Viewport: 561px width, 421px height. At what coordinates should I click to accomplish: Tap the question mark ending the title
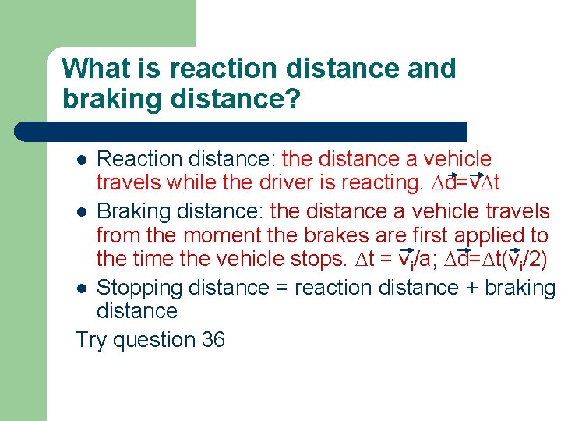click(293, 100)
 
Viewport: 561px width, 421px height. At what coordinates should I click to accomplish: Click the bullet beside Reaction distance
click(82, 160)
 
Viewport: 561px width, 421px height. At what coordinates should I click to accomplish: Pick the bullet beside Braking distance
click(82, 212)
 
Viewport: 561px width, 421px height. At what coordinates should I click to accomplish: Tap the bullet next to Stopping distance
click(82, 288)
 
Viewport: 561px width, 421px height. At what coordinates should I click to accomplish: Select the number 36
click(212, 340)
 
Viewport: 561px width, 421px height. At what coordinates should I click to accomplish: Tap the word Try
click(92, 340)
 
